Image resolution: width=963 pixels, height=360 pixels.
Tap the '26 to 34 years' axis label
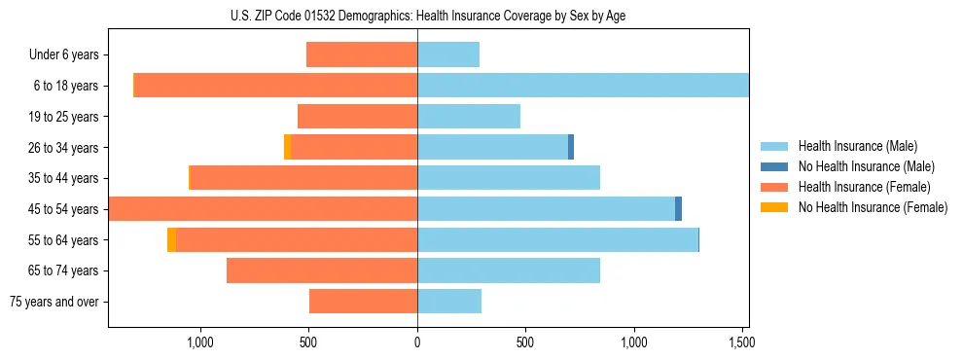pyautogui.click(x=63, y=148)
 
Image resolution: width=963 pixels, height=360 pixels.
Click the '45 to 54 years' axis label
pyautogui.click(x=63, y=209)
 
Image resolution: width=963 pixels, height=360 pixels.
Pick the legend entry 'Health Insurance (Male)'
pyautogui.click(x=857, y=146)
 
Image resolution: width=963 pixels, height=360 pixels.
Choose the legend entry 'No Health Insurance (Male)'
pyautogui.click(x=866, y=166)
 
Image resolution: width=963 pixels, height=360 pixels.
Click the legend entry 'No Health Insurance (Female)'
pyautogui.click(x=873, y=207)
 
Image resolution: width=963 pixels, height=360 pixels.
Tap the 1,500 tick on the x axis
pyautogui.click(x=741, y=342)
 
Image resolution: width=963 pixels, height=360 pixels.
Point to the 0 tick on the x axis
pyautogui.click(x=417, y=342)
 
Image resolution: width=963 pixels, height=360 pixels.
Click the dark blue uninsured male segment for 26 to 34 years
pyautogui.click(x=571, y=147)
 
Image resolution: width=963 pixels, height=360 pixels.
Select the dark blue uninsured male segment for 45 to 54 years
pyautogui.click(x=678, y=208)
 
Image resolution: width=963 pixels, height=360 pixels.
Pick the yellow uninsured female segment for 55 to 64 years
pyautogui.click(x=171, y=239)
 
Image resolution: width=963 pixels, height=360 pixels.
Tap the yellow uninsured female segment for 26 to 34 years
pyautogui.click(x=287, y=147)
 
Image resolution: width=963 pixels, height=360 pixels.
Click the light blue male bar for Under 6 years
pyautogui.click(x=448, y=54)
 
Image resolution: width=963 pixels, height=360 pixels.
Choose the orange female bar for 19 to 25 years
pyautogui.click(x=357, y=116)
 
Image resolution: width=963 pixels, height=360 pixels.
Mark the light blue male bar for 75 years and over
pyautogui.click(x=449, y=301)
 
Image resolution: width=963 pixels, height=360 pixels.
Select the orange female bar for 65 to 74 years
pyautogui.click(x=322, y=270)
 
